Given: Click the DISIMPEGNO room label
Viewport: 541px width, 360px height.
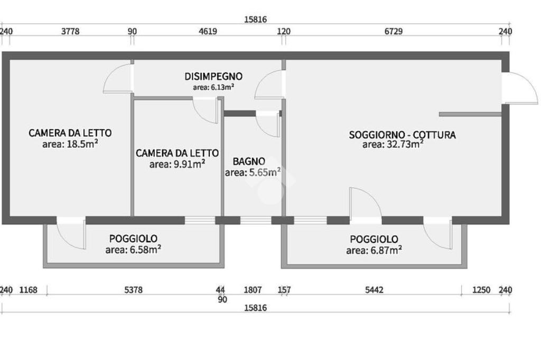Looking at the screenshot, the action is (213, 77).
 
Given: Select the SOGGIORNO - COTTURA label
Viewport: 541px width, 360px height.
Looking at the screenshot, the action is (402, 135).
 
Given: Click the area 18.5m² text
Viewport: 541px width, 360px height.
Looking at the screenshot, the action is (70, 144).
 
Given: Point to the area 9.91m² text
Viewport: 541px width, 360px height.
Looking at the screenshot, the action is (177, 164).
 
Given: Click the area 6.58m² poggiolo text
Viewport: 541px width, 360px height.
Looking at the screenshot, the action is (133, 250).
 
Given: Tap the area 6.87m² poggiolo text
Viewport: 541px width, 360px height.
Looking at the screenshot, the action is (374, 250).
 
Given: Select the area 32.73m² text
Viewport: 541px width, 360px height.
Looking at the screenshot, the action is (393, 144).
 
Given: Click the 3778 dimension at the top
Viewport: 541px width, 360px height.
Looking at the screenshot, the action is (70, 31).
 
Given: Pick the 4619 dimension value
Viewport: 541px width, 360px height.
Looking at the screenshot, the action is (208, 31).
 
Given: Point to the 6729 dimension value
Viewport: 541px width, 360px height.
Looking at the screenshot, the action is (393, 31).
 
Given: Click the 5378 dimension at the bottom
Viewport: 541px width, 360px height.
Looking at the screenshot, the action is (133, 290).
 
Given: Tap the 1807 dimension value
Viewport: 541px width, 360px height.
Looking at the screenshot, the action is (252, 290).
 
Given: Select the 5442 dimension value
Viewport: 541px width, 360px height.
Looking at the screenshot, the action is (374, 290).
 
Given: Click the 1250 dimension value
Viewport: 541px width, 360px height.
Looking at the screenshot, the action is (481, 290).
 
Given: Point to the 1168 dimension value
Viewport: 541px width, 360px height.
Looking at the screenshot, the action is (28, 290).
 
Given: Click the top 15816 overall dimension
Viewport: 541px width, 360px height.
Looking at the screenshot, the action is (256, 20).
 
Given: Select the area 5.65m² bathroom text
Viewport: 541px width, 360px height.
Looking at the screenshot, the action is (253, 172).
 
